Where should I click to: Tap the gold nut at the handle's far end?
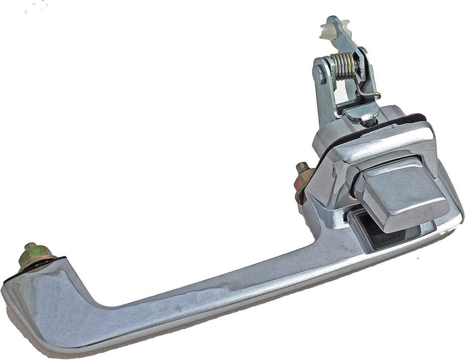(35, 260)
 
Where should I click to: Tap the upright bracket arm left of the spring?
(321, 86)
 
